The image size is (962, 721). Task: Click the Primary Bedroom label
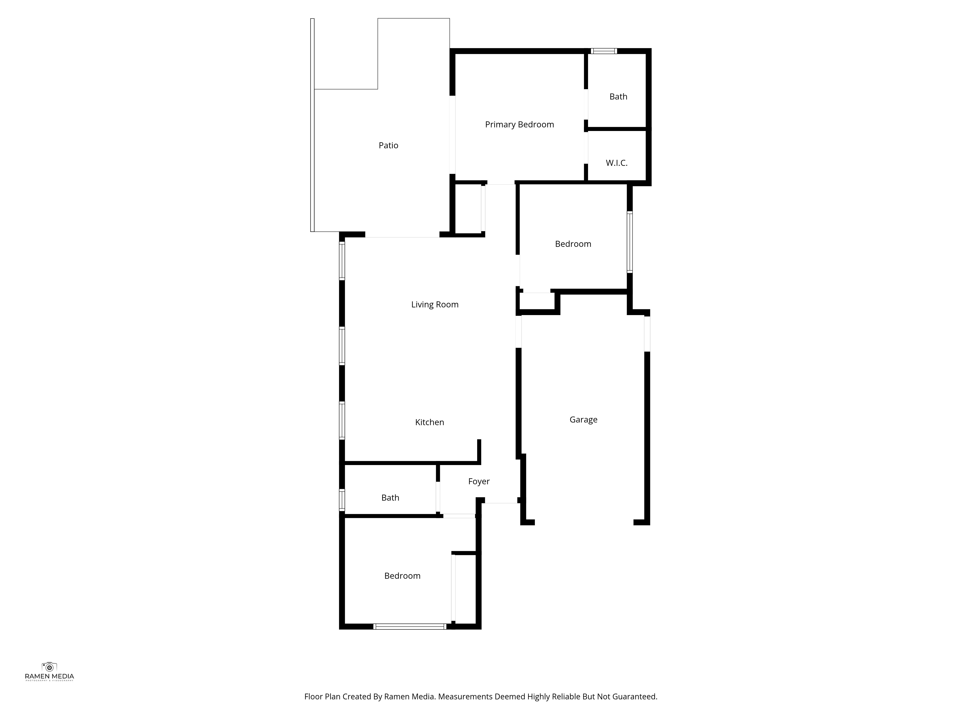[x=519, y=125]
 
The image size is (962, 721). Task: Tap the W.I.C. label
[x=617, y=163]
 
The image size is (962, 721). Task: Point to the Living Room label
[x=435, y=305]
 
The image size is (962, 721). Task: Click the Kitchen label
[x=430, y=423]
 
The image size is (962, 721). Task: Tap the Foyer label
[x=479, y=482]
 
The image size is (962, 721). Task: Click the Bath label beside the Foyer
[x=390, y=498]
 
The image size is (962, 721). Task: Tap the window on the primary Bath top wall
[x=604, y=51]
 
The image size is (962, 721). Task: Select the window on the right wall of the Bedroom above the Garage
[x=630, y=242]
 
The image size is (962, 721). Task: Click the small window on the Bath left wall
[x=342, y=500]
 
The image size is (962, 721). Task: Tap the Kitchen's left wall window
[x=342, y=421]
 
